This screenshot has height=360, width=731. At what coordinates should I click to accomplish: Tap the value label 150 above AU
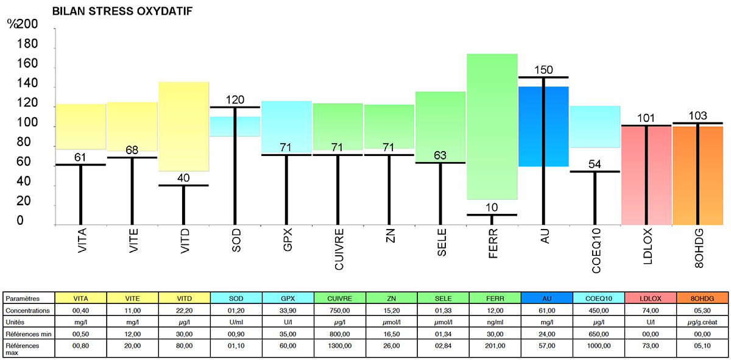[x=543, y=69]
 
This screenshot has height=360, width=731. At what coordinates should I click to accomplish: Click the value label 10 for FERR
[x=492, y=208]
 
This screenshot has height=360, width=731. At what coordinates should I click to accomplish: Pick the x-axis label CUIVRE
[x=339, y=244]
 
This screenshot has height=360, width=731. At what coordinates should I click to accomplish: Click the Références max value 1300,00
[x=339, y=346]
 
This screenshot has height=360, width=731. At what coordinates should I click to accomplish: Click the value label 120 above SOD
[x=235, y=99]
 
